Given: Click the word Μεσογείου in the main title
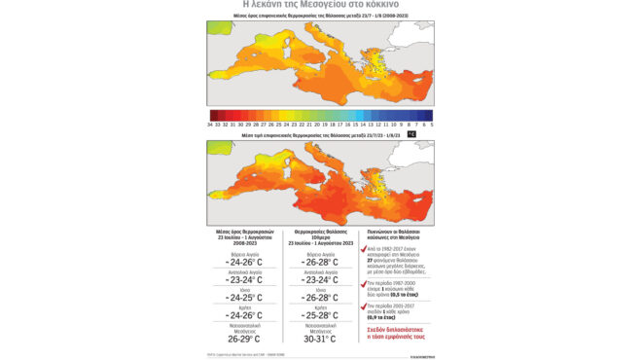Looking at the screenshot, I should pos(329,7).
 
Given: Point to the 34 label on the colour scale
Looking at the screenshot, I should pos(209,125).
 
